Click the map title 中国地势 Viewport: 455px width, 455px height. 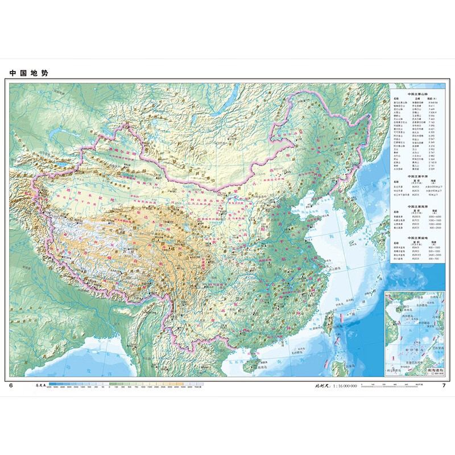[27, 73]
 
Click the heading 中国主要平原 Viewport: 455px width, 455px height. [418, 176]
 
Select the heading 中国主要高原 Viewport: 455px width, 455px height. [418, 205]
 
